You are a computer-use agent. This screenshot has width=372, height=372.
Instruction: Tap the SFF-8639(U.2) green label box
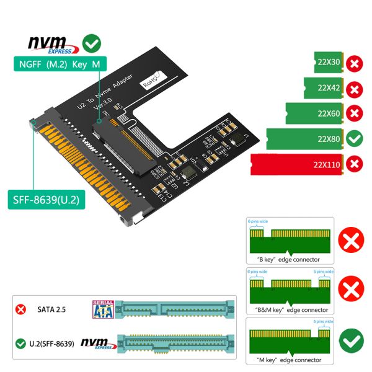click(x=44, y=200)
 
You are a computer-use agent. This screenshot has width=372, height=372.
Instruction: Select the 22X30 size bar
click(x=327, y=63)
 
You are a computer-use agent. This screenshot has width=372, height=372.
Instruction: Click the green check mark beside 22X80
click(x=354, y=139)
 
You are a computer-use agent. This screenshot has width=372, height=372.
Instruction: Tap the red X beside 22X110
click(x=354, y=164)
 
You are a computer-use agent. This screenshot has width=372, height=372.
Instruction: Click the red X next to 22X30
click(x=354, y=63)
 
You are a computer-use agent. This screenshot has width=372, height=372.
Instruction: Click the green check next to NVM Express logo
click(x=92, y=43)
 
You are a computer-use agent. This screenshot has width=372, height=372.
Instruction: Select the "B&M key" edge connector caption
click(x=288, y=309)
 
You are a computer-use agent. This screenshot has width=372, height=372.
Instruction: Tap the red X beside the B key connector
click(x=352, y=241)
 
